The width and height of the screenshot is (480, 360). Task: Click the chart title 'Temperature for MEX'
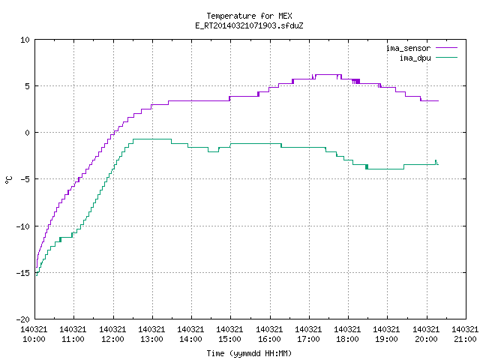pos(249,16)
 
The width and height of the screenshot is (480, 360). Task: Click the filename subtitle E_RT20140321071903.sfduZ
pos(249,25)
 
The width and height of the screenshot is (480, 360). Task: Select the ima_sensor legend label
pos(408,48)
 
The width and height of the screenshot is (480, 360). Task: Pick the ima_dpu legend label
pos(415,58)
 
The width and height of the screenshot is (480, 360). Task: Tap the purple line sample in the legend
pos(446,48)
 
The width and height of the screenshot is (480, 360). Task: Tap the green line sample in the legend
pos(446,57)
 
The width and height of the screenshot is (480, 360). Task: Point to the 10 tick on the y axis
pos(25,40)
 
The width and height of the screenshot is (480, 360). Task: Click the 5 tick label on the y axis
pos(27,86)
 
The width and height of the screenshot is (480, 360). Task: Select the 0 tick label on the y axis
pos(27,133)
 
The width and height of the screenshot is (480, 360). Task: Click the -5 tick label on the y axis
pos(23,179)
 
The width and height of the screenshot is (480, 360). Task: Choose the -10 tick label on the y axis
pos(23,226)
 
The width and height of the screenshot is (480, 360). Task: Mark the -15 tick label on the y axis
pos(23,273)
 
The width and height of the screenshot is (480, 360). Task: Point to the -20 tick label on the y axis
pos(23,319)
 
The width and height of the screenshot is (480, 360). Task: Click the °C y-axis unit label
pos(8,180)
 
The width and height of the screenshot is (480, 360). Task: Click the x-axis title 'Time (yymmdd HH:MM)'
pos(249,353)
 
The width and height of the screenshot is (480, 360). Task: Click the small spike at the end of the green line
pos(436,162)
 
